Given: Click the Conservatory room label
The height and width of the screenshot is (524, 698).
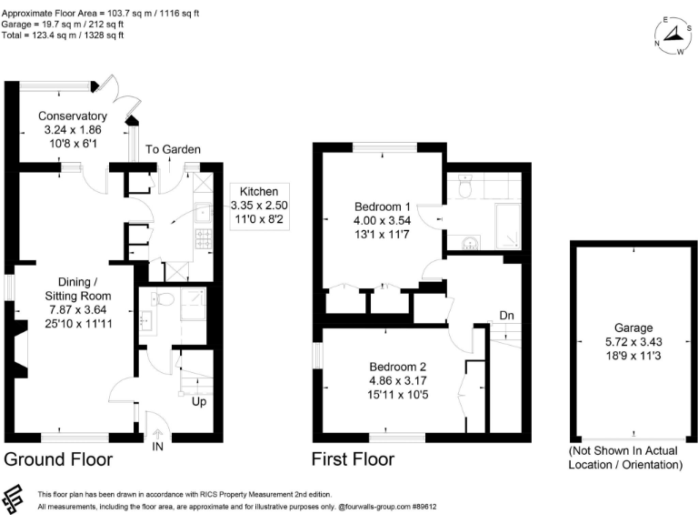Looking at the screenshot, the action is pyautogui.click(x=73, y=116).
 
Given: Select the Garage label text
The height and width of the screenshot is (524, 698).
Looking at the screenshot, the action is pyautogui.click(x=626, y=328).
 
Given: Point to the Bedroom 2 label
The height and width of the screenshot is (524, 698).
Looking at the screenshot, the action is pyautogui.click(x=393, y=367).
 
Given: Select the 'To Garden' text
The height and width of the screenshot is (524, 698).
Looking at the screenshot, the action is pyautogui.click(x=172, y=150).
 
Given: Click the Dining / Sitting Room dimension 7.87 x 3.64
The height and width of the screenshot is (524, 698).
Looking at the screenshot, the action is pyautogui.click(x=79, y=309).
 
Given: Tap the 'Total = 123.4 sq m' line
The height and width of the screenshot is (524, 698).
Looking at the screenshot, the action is pyautogui.click(x=63, y=35).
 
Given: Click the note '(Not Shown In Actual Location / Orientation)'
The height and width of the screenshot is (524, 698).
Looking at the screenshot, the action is pyautogui.click(x=625, y=458).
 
